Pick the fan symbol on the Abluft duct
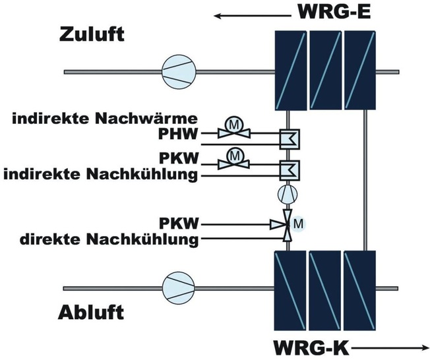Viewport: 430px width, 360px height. click(178, 287)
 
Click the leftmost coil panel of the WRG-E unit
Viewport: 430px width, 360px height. click(290, 71)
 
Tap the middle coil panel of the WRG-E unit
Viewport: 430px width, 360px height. click(325, 71)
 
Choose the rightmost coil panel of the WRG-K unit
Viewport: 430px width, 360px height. click(360, 288)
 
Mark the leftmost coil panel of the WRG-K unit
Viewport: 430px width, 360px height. click(290, 288)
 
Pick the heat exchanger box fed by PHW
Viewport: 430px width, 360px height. click(289, 138)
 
